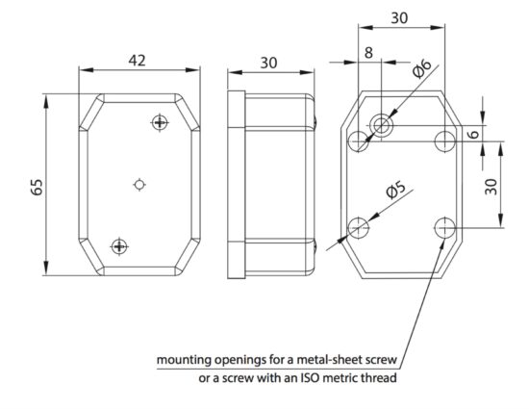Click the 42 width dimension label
pyautogui.click(x=137, y=61)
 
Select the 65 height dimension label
pyautogui.click(x=37, y=187)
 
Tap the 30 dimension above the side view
pyautogui.click(x=269, y=63)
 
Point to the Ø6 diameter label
pyautogui.click(x=422, y=68)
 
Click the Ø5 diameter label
pyautogui.click(x=395, y=190)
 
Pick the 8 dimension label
pyautogui.click(x=368, y=53)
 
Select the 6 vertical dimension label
pyautogui.click(x=474, y=134)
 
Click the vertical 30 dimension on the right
pyautogui.click(x=491, y=187)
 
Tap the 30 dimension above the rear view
pyautogui.click(x=399, y=18)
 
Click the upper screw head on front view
pyautogui.click(x=160, y=122)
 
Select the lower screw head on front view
pyautogui.click(x=119, y=246)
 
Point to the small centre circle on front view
pyautogui.click(x=139, y=184)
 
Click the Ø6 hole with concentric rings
pyautogui.click(x=381, y=126)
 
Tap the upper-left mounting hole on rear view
pyautogui.click(x=358, y=141)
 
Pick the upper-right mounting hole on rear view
pyautogui.click(x=445, y=141)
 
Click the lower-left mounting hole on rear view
pyautogui.click(x=358, y=228)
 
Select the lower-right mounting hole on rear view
pyautogui.click(x=445, y=228)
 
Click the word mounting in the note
pyautogui.click(x=184, y=360)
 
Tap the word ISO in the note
pyautogui.click(x=309, y=377)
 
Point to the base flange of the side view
pyautogui.click(x=237, y=185)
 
